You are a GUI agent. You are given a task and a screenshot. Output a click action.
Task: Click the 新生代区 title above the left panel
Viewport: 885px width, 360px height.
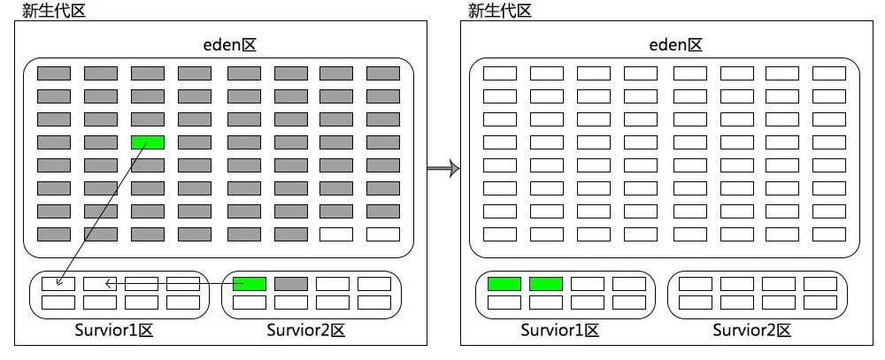coord(53,11)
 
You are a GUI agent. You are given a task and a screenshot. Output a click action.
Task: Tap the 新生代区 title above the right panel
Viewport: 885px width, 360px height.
coord(500,11)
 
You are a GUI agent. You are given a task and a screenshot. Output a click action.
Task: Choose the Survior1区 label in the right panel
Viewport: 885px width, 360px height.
coord(561,331)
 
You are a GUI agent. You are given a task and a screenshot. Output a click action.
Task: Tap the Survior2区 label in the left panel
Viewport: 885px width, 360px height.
coord(305,331)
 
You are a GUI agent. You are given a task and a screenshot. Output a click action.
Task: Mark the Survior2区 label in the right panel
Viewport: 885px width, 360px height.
coord(752,331)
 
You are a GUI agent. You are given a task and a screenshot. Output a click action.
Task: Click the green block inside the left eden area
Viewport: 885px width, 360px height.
coord(148,142)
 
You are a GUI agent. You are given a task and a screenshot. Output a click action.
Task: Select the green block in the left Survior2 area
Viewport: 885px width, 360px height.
coord(250,284)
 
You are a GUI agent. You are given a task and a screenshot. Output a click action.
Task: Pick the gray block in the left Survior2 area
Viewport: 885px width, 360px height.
coord(291,284)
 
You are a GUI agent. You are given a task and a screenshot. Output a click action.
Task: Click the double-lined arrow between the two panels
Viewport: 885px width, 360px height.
coord(443,168)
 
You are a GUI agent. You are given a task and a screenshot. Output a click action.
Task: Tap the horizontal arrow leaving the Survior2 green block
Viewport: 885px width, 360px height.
coord(168,284)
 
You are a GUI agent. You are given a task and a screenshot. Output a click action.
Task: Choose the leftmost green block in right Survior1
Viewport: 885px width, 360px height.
coord(504,284)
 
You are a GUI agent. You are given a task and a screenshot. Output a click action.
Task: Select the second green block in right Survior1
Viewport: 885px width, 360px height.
coord(546,284)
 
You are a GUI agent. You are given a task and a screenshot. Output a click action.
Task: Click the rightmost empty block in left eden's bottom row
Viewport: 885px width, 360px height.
coord(382,234)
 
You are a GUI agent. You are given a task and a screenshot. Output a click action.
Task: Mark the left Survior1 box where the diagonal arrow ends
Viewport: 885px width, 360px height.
coord(58,284)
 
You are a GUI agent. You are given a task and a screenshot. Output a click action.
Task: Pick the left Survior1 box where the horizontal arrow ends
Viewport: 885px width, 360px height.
coord(100,284)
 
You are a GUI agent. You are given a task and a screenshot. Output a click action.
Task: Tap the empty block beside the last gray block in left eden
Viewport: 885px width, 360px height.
coord(336,234)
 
